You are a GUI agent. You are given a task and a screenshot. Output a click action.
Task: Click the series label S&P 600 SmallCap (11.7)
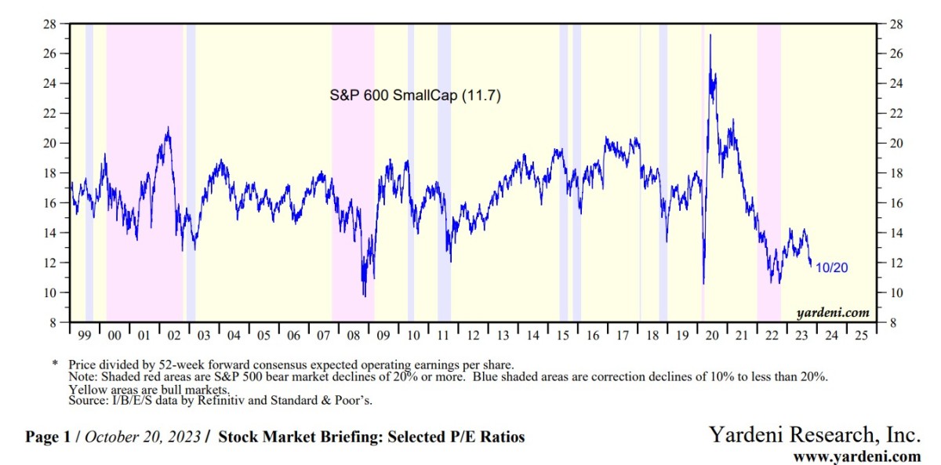click(415, 96)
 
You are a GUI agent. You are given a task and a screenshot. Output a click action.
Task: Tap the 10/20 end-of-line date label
click(831, 268)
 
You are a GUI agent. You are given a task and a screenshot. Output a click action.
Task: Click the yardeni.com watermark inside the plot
click(833, 313)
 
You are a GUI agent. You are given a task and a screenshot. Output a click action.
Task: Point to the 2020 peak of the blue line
click(710, 35)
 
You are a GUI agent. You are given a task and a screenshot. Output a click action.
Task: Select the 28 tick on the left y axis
click(49, 24)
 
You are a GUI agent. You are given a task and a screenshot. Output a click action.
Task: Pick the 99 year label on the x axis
click(85, 335)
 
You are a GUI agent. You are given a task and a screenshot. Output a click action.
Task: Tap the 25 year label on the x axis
click(861, 335)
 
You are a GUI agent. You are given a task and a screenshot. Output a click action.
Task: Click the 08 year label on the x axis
click(353, 335)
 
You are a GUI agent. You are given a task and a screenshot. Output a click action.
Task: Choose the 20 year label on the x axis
click(712, 335)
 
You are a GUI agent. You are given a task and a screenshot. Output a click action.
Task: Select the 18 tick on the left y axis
click(49, 173)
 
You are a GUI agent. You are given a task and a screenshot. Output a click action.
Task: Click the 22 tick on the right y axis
click(891, 114)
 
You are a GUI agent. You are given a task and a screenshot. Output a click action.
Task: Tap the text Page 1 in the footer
click(49, 437)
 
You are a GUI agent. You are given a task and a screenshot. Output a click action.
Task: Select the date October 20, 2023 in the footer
click(142, 437)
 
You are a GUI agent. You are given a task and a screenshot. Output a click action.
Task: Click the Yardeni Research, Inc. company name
click(815, 434)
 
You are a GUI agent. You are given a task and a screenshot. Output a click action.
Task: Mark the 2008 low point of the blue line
click(364, 296)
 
